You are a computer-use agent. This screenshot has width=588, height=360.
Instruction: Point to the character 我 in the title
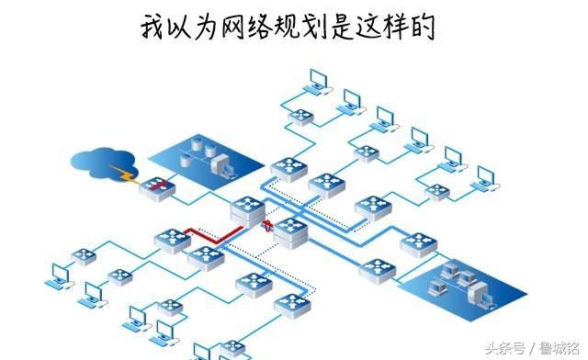[x=153, y=27]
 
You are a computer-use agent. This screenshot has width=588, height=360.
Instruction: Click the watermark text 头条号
[x=505, y=347]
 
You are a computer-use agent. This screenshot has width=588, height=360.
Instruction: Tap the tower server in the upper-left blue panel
[x=220, y=164]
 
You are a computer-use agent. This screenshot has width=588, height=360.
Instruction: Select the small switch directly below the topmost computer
[x=301, y=117]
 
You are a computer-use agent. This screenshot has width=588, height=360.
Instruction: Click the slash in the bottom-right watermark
[x=532, y=347]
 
